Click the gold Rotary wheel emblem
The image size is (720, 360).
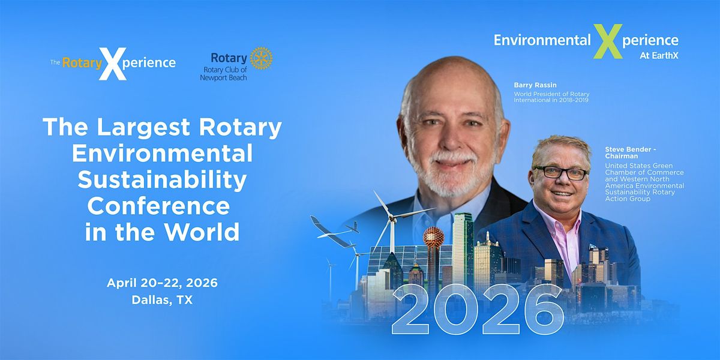tap(261, 58)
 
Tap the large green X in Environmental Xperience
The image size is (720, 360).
tap(607, 41)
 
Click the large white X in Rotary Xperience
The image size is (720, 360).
tap(112, 64)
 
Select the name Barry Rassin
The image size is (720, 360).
tap(535, 85)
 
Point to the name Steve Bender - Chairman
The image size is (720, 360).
tap(631, 152)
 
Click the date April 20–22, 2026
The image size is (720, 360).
tap(162, 283)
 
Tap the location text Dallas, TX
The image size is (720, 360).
tap(162, 300)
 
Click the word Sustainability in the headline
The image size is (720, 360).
tap(162, 181)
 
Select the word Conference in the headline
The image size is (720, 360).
tap(158, 206)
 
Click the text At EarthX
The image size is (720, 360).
tap(659, 56)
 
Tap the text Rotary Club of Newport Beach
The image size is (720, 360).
tap(223, 74)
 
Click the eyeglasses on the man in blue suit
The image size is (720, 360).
tap(560, 173)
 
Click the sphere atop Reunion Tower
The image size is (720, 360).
tap(433, 238)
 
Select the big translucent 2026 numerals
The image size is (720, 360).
tap(478, 309)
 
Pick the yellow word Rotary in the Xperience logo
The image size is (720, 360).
tap(82, 63)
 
